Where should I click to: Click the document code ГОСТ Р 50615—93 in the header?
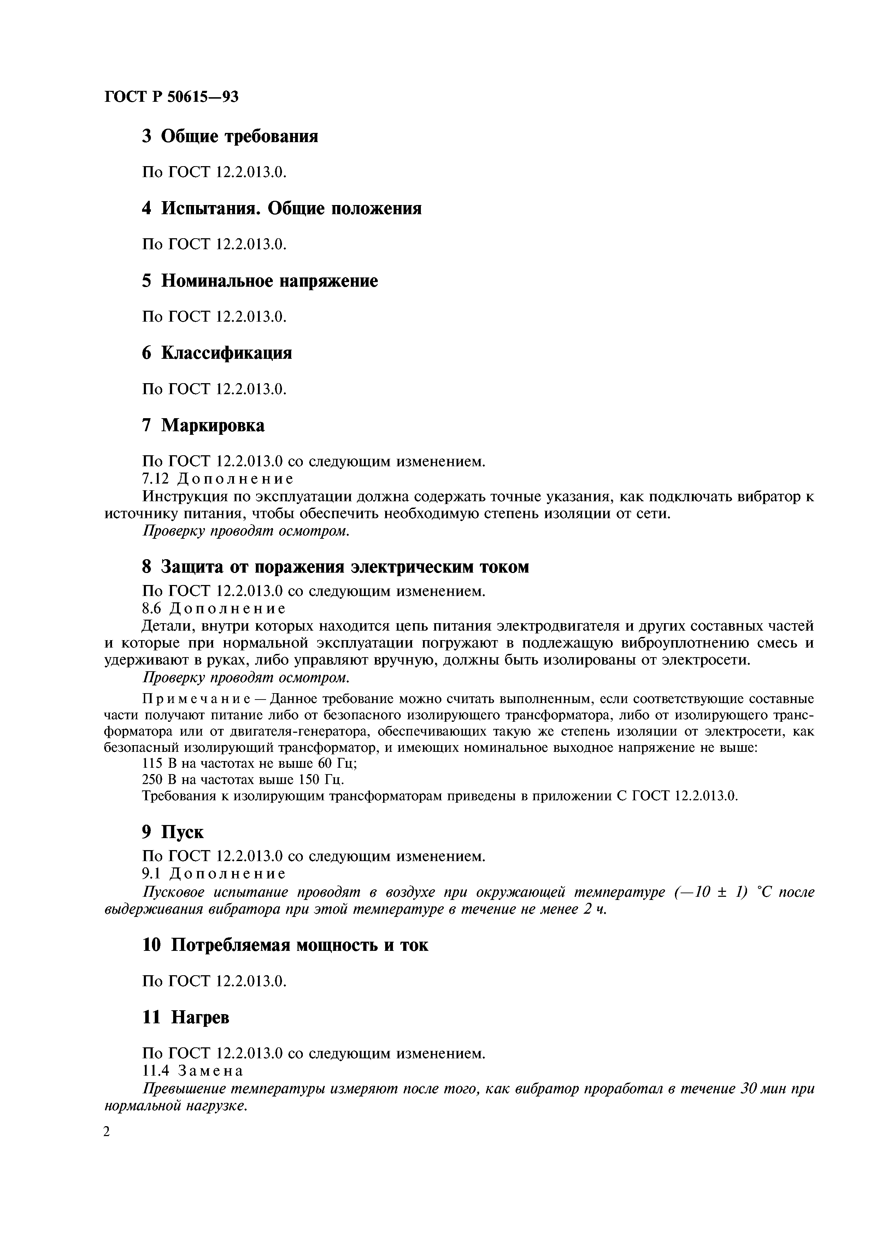[x=171, y=96]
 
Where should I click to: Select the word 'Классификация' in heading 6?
[x=227, y=353]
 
